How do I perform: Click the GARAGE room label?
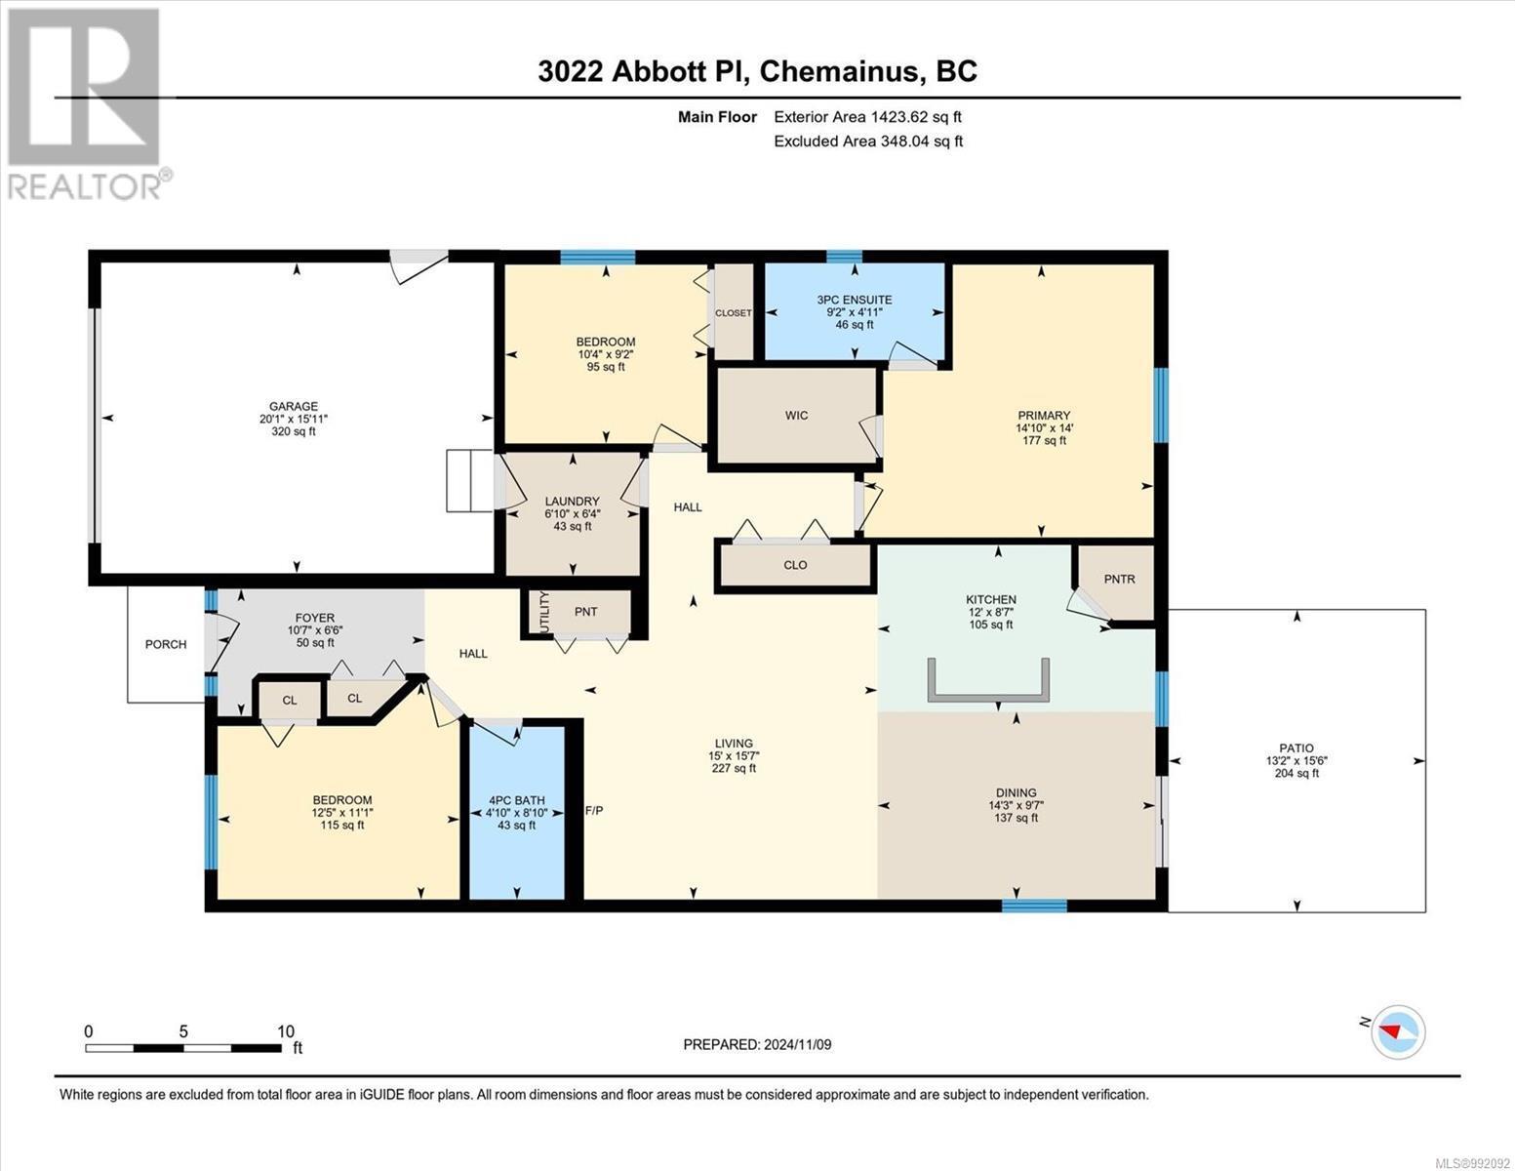[x=294, y=406]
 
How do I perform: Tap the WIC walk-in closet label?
[x=796, y=416]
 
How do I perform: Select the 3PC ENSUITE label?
[x=854, y=300]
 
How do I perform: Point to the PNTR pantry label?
[x=1119, y=579]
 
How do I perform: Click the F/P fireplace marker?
[x=594, y=810]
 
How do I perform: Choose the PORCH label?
[x=166, y=644]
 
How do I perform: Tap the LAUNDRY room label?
[x=572, y=501]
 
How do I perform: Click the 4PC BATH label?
[x=517, y=800]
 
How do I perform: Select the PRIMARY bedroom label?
[x=1043, y=416]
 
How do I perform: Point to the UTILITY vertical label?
[x=545, y=613]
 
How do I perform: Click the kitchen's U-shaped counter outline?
[x=988, y=697]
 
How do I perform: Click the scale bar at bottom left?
[x=183, y=1048]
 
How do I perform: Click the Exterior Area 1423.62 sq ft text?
[x=867, y=117]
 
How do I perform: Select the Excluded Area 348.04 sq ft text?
[x=868, y=141]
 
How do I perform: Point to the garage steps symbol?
[x=470, y=480]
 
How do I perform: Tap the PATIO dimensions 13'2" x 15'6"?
[x=1296, y=761]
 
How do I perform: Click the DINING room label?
[x=1016, y=793]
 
